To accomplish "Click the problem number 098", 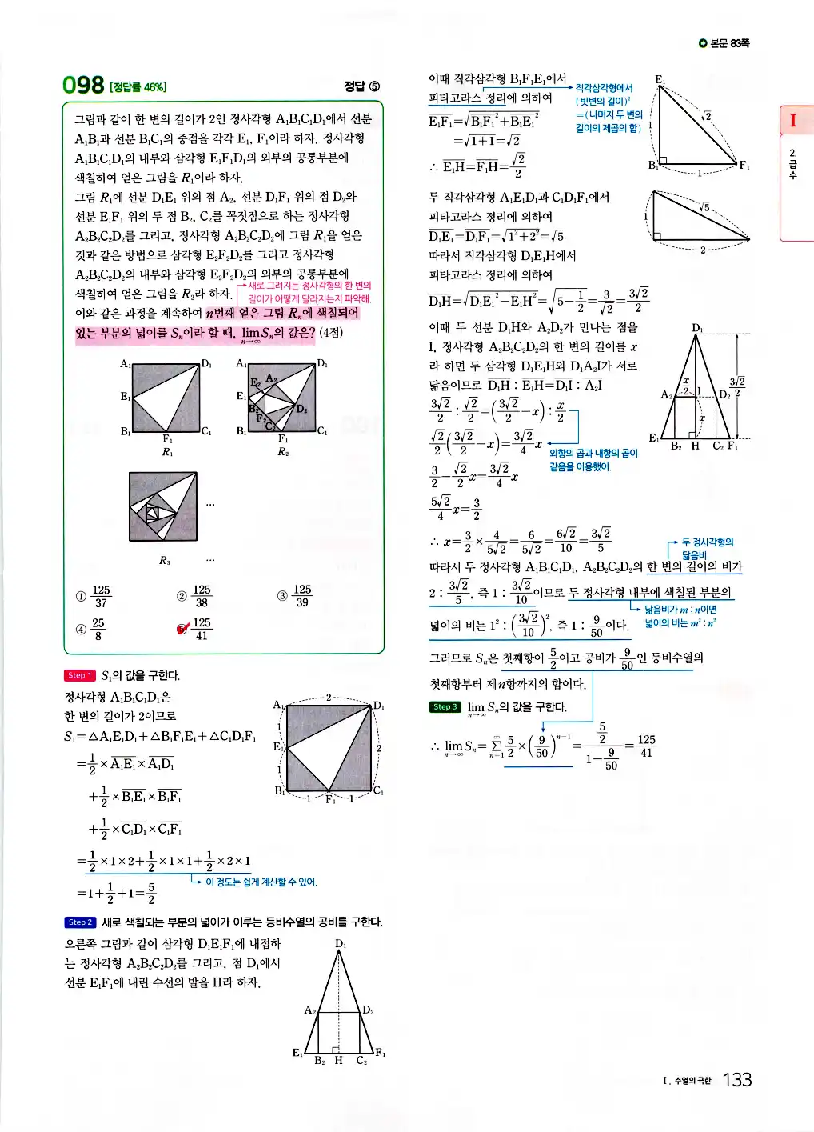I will click(83, 85).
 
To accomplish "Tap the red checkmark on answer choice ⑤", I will click(183, 629).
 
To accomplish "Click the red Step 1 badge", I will click(79, 675).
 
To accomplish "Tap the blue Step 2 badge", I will click(80, 922).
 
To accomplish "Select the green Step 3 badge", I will click(445, 706).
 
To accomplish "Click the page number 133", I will click(736, 1080).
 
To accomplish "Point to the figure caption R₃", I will click(164, 561).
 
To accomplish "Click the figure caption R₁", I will click(167, 453).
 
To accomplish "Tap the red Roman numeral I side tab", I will click(793, 121).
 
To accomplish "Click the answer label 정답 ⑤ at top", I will click(361, 86).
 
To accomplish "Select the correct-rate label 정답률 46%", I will click(138, 87).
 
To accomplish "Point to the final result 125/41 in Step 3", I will click(646, 746).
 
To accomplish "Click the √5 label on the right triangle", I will click(704, 207).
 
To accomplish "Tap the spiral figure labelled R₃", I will click(163, 506).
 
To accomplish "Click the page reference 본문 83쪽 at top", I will click(724, 43).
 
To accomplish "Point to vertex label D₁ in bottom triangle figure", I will click(341, 944).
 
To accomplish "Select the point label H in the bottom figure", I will click(338, 1061).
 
